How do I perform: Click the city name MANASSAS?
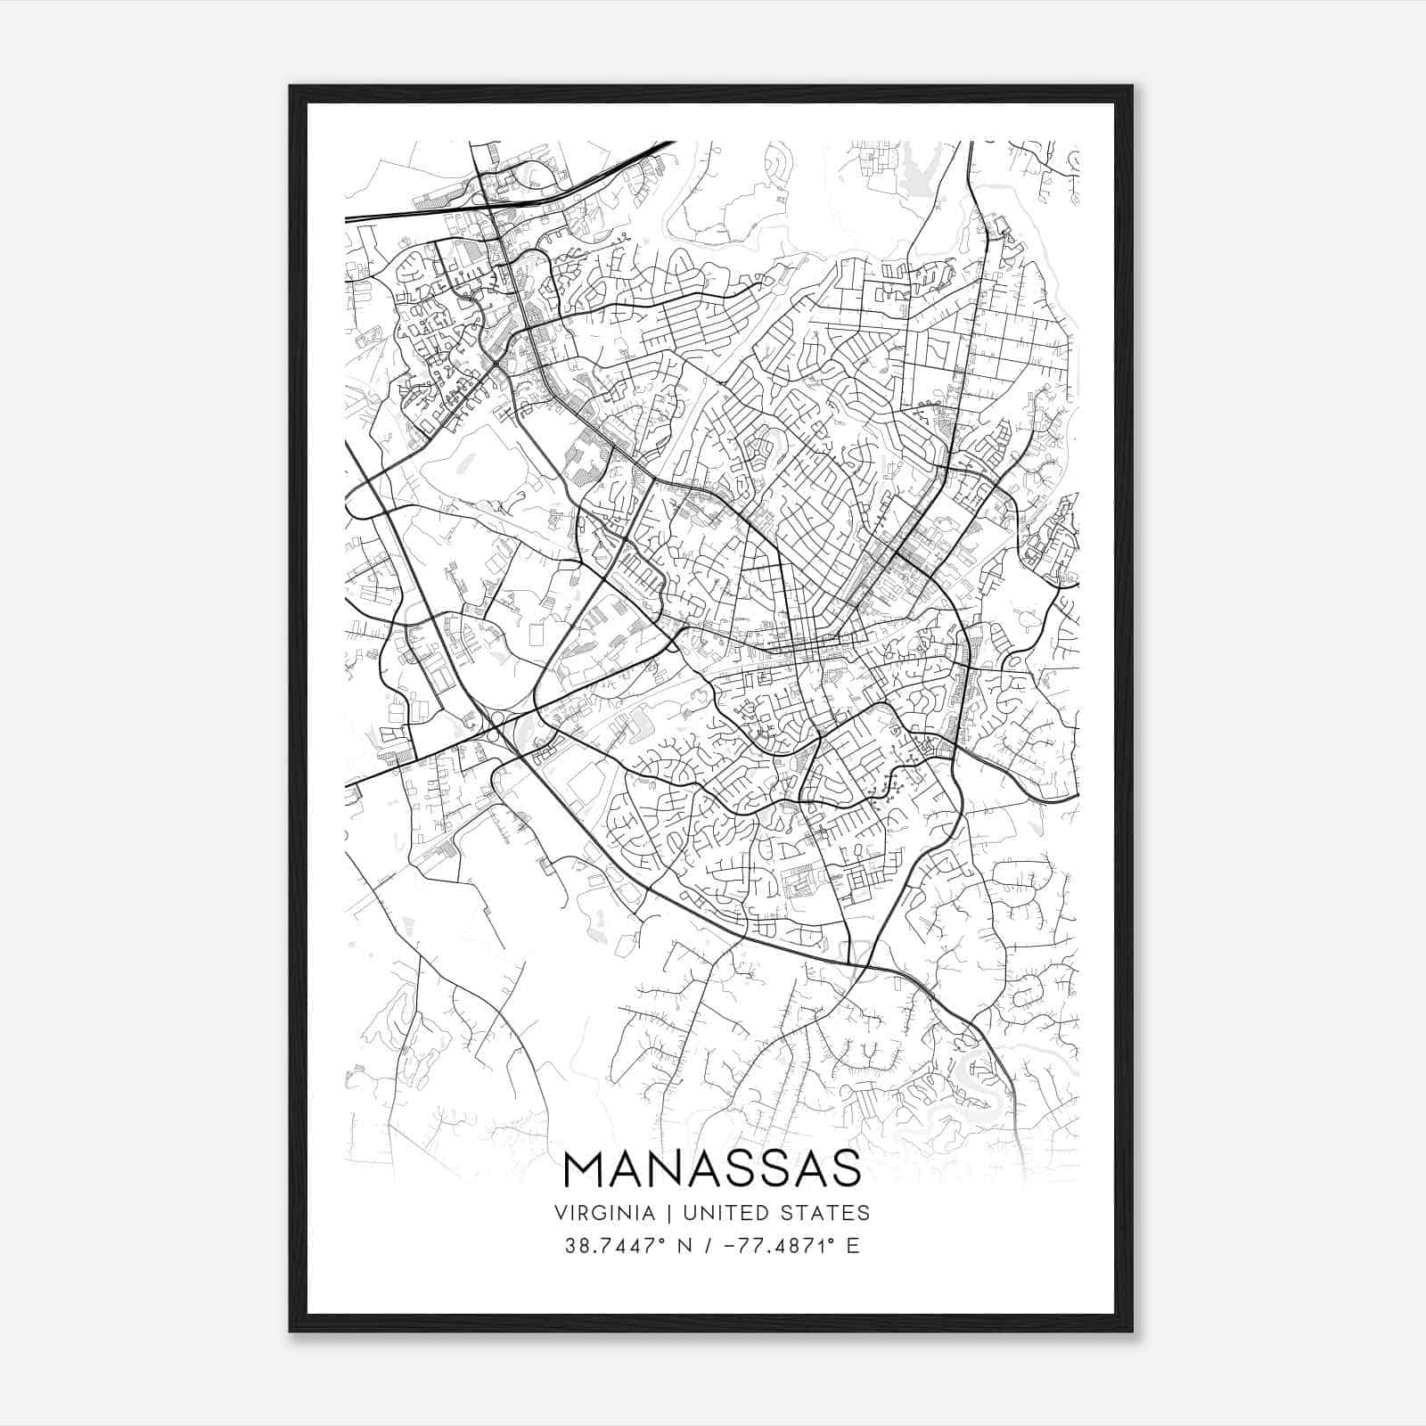tap(712, 1168)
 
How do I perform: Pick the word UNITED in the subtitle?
tap(709, 1212)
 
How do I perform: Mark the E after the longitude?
tap(853, 1246)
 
